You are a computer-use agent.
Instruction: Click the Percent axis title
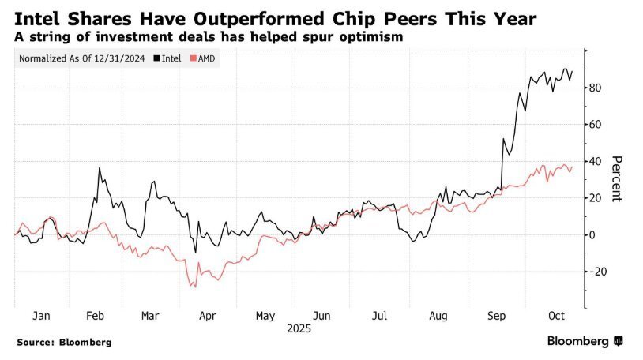click(x=618, y=178)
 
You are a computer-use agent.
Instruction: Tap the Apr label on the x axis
click(x=206, y=315)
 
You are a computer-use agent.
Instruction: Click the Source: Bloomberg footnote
click(x=64, y=343)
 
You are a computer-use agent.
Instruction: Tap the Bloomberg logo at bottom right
click(x=585, y=341)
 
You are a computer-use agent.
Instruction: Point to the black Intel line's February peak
click(x=100, y=167)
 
